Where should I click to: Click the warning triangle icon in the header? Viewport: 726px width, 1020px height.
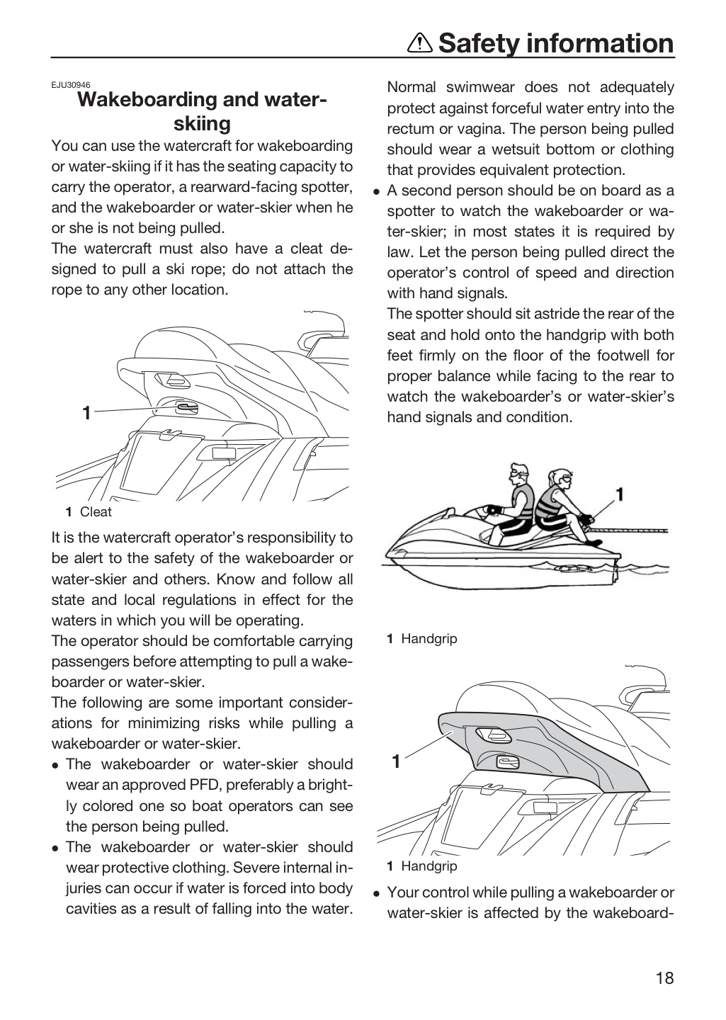pyautogui.click(x=420, y=43)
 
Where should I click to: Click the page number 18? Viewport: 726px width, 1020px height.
pyautogui.click(x=664, y=978)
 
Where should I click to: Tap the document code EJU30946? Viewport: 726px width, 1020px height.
pyautogui.click(x=71, y=85)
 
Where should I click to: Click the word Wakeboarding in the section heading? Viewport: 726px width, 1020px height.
pyautogui.click(x=147, y=99)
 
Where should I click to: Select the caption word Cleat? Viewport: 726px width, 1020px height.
pyautogui.click(x=96, y=512)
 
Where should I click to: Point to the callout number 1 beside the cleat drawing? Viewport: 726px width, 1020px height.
pyautogui.click(x=86, y=413)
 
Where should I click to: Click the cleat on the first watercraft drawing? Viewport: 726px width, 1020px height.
pyautogui.click(x=187, y=408)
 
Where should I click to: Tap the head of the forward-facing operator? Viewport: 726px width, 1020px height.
pyautogui.click(x=518, y=475)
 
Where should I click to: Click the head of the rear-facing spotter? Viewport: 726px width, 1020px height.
pyautogui.click(x=561, y=480)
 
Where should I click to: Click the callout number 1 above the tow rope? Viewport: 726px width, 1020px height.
pyautogui.click(x=620, y=494)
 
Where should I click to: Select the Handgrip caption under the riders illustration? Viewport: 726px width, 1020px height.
pyautogui.click(x=429, y=639)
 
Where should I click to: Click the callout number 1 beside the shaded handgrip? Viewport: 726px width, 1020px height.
pyautogui.click(x=396, y=761)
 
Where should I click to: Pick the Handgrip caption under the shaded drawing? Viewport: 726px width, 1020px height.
pyautogui.click(x=429, y=866)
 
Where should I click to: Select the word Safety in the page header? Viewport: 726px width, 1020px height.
pyautogui.click(x=479, y=43)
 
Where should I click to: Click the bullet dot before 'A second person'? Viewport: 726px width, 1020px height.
pyautogui.click(x=377, y=192)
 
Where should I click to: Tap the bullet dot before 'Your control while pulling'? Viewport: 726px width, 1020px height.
pyautogui.click(x=377, y=894)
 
